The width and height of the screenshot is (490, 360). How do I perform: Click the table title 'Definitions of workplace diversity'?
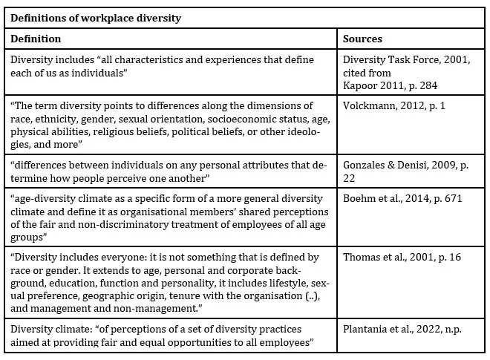coord(96,18)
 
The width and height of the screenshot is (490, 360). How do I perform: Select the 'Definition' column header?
coord(36,39)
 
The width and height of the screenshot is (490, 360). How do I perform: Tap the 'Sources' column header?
coord(363,39)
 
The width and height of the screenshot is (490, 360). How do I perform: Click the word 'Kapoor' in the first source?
coord(360,86)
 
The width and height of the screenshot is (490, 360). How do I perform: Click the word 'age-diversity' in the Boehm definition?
coord(45,199)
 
